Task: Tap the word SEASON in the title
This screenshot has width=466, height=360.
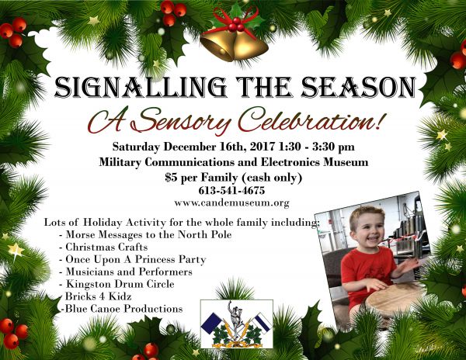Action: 358,87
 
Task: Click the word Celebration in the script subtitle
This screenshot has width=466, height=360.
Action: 310,120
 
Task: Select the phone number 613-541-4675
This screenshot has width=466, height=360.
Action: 231,190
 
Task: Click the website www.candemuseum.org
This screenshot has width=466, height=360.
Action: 231,202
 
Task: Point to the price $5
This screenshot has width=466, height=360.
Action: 172,177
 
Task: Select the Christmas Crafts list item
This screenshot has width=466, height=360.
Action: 103,247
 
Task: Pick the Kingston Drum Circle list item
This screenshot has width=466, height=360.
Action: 116,284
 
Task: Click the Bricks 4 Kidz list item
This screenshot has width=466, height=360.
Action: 96,296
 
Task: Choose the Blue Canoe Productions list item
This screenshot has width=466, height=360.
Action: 122,309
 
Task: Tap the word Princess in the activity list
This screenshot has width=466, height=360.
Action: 155,259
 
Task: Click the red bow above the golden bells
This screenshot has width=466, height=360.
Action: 235,21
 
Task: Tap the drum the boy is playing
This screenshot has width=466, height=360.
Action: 394,301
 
